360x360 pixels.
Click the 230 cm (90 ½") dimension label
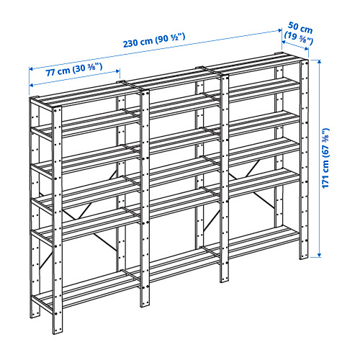click(x=154, y=40)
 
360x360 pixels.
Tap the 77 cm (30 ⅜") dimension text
click(x=74, y=70)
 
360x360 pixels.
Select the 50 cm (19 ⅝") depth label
click(x=299, y=33)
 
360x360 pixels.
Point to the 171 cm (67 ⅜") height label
click(x=326, y=158)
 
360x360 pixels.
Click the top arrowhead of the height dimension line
click(x=319, y=61)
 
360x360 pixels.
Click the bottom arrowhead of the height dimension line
click(x=319, y=256)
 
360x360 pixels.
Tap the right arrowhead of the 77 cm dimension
click(x=118, y=71)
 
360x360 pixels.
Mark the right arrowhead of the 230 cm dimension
click(x=280, y=30)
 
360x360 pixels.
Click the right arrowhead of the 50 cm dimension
click(x=307, y=49)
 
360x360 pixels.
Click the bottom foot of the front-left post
click(x=58, y=330)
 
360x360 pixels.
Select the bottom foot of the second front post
click(x=145, y=303)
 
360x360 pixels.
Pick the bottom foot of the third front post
click(x=225, y=279)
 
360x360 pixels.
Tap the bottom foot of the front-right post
click(x=304, y=255)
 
